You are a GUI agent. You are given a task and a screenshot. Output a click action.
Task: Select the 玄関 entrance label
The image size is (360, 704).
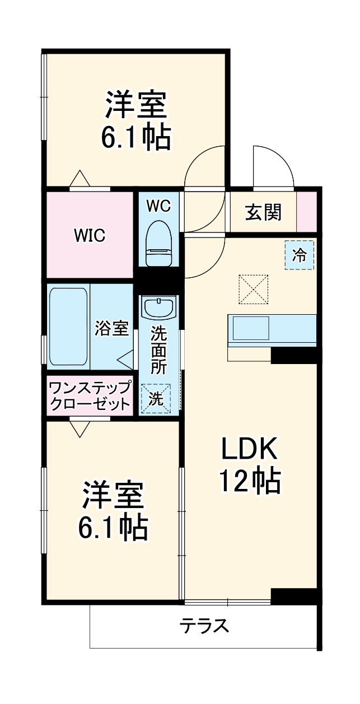(x=263, y=212)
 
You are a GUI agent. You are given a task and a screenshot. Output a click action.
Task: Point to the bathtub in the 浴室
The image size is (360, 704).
(x=68, y=327)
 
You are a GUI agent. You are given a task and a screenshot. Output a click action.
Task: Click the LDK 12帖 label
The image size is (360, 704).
(x=249, y=464)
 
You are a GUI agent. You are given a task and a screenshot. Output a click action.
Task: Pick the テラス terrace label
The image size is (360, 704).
(x=204, y=625)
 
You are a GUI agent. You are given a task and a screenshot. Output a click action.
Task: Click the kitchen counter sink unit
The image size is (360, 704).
(x=272, y=330)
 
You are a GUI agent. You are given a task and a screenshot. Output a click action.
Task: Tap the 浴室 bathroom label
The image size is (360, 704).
(x=112, y=328)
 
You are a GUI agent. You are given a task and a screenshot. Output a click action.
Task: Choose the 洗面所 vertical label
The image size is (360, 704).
(x=159, y=351)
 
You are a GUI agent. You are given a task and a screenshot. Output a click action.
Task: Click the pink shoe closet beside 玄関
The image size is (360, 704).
(x=307, y=211)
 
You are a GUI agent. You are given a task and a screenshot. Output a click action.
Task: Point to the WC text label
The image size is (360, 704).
(x=158, y=206)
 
